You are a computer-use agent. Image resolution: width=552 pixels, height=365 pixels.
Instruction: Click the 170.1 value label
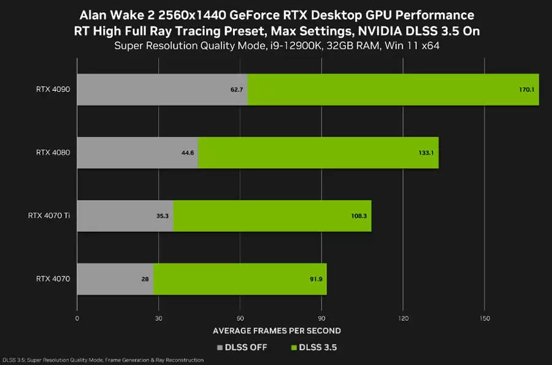tap(526, 90)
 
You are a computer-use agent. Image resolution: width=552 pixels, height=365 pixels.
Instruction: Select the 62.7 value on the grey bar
tap(237, 90)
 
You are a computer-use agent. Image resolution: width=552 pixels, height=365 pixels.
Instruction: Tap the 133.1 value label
tap(426, 153)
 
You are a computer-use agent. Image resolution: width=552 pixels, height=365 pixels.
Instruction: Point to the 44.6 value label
tap(188, 153)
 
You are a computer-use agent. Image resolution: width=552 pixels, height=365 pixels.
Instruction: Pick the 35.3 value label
tap(163, 216)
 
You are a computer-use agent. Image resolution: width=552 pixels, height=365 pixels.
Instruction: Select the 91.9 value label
tap(316, 279)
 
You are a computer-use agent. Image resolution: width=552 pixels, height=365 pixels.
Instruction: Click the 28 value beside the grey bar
tap(145, 279)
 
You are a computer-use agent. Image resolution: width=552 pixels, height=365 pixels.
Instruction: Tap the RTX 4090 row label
tap(53, 90)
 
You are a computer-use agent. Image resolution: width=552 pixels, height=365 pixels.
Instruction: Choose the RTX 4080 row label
tap(53, 153)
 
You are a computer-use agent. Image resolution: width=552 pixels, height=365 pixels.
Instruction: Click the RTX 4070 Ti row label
tap(49, 216)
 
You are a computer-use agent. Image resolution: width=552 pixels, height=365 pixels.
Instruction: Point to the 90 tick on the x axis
tap(321, 319)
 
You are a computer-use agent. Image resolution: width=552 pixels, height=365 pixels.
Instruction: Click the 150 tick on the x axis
tap(484, 319)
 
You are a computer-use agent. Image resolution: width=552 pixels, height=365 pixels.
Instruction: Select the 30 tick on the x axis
tap(158, 319)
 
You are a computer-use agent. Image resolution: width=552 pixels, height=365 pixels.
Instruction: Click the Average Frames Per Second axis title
tap(277, 331)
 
